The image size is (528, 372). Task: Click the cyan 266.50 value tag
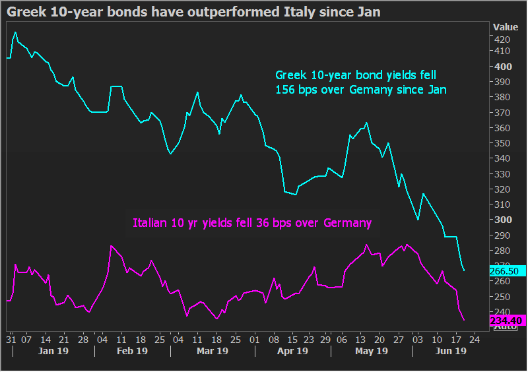pos(507,271)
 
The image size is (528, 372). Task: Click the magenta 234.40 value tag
pos(507,321)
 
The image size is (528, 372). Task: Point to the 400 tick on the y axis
pos(503,67)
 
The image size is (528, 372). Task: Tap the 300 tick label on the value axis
pos(503,220)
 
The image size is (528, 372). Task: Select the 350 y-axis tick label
pos(502,143)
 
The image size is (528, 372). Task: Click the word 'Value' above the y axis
pos(506,27)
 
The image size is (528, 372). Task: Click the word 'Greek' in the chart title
pos(26,12)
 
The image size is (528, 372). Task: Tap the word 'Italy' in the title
pos(300,12)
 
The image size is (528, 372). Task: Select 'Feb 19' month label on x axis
pos(133,351)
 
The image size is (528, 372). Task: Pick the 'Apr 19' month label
pos(292,351)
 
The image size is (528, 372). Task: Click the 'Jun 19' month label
pos(451,351)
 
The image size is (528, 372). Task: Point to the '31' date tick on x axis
pos(11,340)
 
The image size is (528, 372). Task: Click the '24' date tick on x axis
pos(474,340)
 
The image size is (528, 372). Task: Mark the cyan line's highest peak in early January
pos(15,32)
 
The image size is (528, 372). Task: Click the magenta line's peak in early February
pos(111,246)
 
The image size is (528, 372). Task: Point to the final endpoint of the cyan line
pos(464,270)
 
